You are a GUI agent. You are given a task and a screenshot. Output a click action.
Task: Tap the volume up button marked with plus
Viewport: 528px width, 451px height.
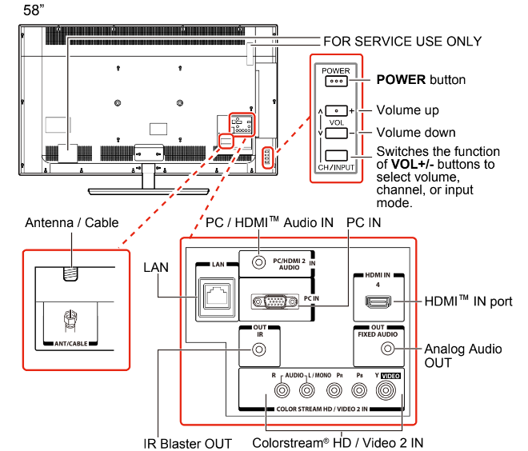coord(336,110)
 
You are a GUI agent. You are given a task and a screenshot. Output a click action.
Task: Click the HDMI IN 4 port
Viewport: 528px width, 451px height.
coord(376,302)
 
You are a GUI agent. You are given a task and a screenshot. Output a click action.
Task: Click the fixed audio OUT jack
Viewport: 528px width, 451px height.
coord(389,349)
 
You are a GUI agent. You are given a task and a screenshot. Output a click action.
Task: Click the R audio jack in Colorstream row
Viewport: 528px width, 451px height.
coord(281,391)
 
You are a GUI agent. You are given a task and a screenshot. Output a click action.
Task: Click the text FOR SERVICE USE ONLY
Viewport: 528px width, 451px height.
coord(402,41)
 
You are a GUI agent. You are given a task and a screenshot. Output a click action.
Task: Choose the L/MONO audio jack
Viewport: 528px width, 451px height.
coord(307,391)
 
